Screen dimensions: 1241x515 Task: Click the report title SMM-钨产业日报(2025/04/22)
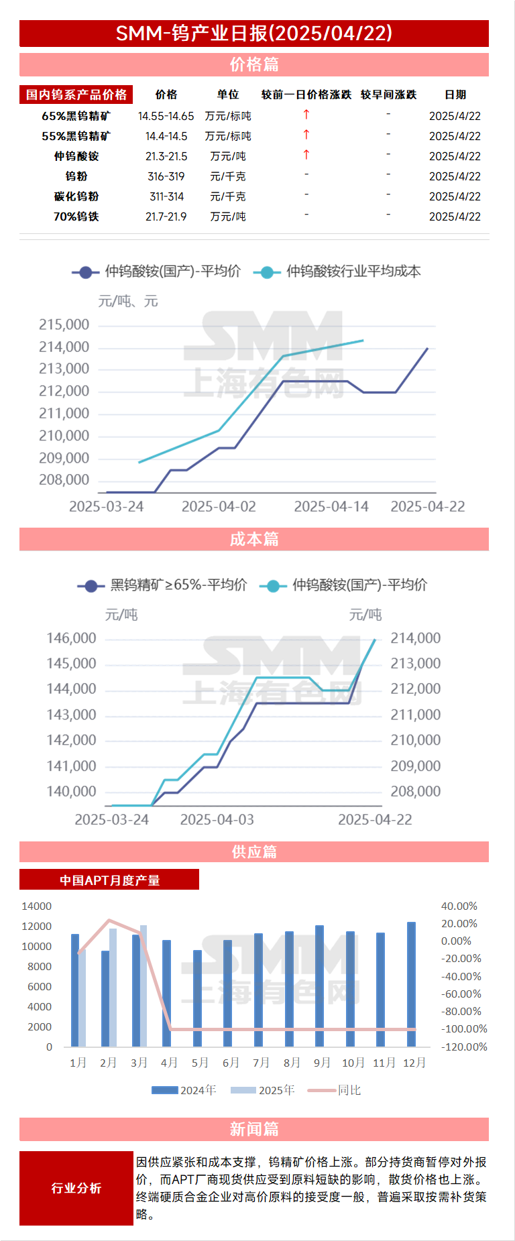click(x=253, y=34)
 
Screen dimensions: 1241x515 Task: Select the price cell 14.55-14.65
click(x=166, y=116)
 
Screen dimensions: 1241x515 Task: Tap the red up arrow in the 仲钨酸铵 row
click(x=306, y=155)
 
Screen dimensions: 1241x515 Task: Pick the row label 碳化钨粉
click(x=76, y=196)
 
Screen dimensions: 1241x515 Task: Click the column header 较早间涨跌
click(x=388, y=95)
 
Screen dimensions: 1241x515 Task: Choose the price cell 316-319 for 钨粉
click(x=166, y=176)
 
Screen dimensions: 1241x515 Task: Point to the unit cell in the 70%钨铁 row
click(x=228, y=217)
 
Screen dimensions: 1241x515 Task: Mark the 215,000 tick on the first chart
click(x=64, y=324)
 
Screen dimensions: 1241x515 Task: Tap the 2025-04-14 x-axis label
click(x=331, y=507)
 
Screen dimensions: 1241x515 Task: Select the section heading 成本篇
click(x=253, y=539)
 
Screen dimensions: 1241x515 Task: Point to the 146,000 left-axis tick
click(x=71, y=638)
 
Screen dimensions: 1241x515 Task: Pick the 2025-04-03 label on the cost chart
click(x=217, y=820)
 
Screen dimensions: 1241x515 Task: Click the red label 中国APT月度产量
click(x=109, y=880)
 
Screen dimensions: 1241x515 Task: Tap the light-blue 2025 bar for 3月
click(x=144, y=986)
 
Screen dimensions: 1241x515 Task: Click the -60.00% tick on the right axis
click(x=461, y=994)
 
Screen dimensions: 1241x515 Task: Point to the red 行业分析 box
click(x=76, y=1188)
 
